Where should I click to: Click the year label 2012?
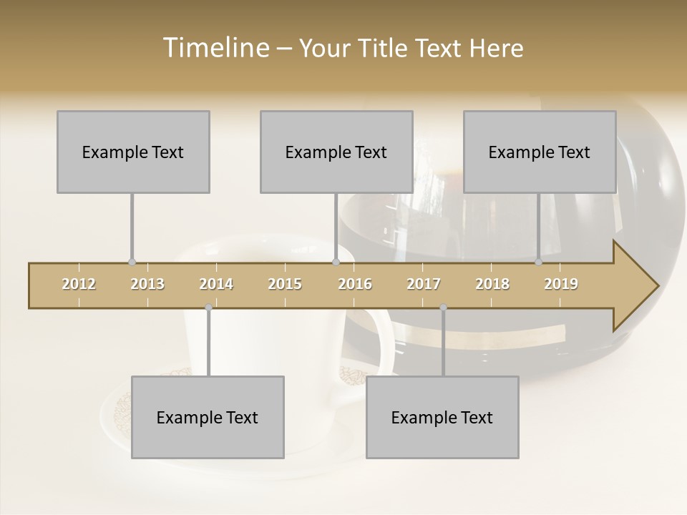tap(79, 284)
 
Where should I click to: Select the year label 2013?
tap(147, 284)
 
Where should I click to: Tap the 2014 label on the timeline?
tap(216, 284)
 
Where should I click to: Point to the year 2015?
tap(285, 284)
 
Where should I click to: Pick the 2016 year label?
tap(355, 284)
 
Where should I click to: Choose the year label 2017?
tap(424, 284)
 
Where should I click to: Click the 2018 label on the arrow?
tap(492, 284)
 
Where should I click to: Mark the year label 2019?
tap(561, 284)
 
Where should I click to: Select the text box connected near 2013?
tap(133, 152)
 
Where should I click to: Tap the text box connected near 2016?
tap(336, 152)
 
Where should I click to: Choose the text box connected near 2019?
tap(540, 152)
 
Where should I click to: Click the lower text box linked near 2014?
tap(208, 417)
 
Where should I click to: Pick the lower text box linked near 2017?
tap(442, 417)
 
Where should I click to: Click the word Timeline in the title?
tap(215, 48)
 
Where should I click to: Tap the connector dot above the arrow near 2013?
tap(132, 263)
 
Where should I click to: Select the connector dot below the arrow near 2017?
tap(443, 308)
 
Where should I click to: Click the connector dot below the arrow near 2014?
tap(208, 308)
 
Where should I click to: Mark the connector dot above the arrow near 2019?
tap(539, 263)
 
